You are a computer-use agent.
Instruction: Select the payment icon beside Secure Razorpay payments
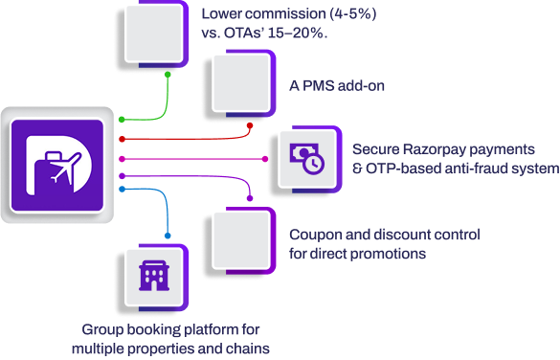coord(307,158)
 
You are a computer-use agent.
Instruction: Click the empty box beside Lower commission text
coord(152,34)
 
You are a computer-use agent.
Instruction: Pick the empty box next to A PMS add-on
coord(240,85)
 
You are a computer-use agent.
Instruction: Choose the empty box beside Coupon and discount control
coord(240,238)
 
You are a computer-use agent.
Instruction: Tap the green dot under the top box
coord(169,73)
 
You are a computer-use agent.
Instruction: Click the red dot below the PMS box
coord(249,124)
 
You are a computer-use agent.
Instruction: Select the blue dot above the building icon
coord(168,236)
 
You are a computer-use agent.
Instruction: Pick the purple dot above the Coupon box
coord(249,199)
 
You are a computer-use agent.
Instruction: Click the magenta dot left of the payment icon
coord(267,159)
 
